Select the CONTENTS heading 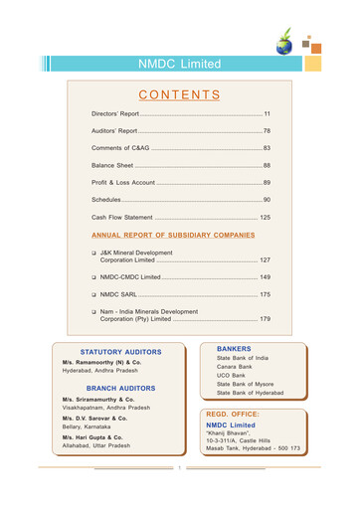coord(179,95)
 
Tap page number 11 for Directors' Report coord(266,116)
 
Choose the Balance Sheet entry coord(111,164)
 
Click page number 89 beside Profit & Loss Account coord(266,183)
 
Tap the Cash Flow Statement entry coord(122,217)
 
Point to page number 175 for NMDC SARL coord(264,295)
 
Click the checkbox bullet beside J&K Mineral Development coord(93,253)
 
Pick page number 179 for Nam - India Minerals coord(264,319)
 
